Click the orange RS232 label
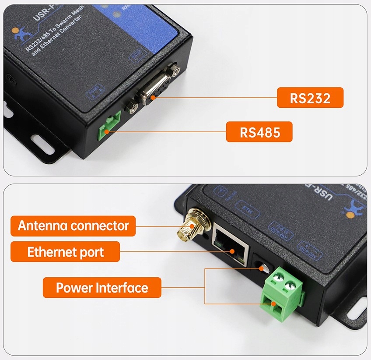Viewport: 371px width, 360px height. (x=310, y=98)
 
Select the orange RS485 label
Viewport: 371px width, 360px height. (x=259, y=132)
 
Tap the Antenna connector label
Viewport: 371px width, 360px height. (x=73, y=226)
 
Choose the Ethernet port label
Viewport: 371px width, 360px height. (x=66, y=252)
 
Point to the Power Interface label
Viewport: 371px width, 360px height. (x=101, y=288)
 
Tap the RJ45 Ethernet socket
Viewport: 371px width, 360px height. (x=230, y=247)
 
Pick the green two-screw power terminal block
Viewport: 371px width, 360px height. (x=281, y=292)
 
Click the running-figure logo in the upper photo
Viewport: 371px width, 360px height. (x=17, y=33)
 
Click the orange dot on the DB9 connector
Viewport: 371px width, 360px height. (x=153, y=98)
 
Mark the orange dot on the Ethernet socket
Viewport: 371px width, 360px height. (x=234, y=252)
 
